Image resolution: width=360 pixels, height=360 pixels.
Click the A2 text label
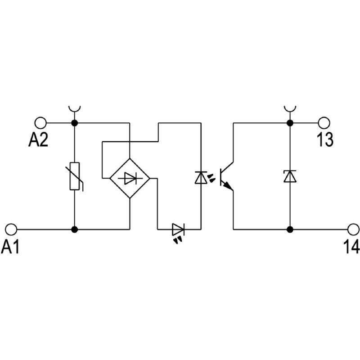coord(38,140)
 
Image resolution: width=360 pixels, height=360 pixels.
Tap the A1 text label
coord(11,246)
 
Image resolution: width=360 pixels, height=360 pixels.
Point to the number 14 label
coord(351,246)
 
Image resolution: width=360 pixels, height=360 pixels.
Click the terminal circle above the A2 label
coord(40,122)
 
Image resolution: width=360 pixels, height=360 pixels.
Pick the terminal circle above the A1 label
coord(11,229)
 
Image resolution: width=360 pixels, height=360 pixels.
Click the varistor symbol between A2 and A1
coord(75,176)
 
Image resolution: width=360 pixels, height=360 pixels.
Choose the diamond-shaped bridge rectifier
coord(130,179)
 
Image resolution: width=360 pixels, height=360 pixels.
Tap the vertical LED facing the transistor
coord(200,177)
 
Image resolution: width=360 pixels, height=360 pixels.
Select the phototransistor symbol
coord(226,177)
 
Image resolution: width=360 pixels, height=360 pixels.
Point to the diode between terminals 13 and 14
coord(290,176)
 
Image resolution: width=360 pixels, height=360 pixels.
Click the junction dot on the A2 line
coord(75,122)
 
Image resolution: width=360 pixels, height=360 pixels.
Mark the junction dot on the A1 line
coord(75,229)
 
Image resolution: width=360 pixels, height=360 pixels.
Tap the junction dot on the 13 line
coord(290,122)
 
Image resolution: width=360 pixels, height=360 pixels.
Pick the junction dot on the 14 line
coord(290,229)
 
